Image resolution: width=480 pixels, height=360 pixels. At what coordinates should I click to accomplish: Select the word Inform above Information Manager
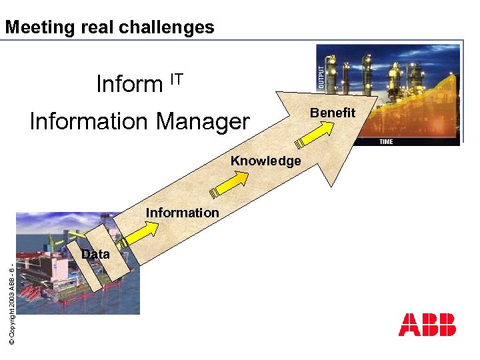[x=129, y=85]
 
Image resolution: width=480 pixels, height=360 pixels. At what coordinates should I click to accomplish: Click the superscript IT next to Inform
[x=176, y=79]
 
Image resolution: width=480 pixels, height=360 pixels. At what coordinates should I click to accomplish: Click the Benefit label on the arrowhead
[x=334, y=113]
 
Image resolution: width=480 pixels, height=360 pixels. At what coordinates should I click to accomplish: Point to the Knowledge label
[x=265, y=161]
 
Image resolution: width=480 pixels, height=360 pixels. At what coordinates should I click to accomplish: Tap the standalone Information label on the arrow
[x=182, y=213]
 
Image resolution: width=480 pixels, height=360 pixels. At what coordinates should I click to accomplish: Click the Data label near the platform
[x=95, y=254]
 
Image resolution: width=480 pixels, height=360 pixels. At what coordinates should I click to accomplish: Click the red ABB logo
[x=427, y=325]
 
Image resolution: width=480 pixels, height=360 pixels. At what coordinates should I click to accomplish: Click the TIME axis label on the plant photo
[x=387, y=141]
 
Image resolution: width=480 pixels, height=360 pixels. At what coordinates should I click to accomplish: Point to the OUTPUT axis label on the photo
[x=321, y=77]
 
